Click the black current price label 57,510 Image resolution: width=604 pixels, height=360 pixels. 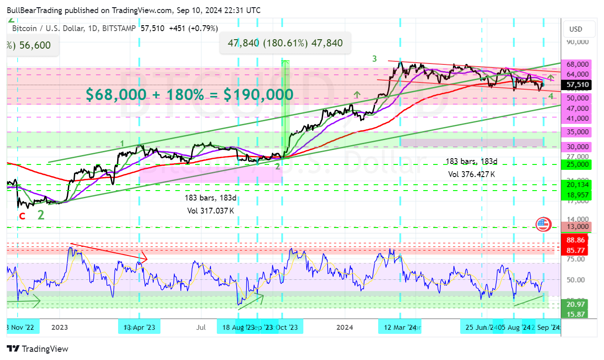pyautogui.click(x=577, y=85)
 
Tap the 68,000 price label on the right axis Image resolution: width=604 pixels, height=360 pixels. pyautogui.click(x=577, y=64)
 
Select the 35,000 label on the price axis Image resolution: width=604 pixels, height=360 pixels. pyautogui.click(x=577, y=132)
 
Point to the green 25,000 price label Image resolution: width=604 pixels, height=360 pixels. pyautogui.click(x=577, y=164)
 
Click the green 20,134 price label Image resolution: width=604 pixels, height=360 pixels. pyautogui.click(x=577, y=184)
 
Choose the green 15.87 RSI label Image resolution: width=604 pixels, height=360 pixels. pyautogui.click(x=575, y=314)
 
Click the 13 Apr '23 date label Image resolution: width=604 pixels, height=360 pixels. pyautogui.click(x=139, y=328)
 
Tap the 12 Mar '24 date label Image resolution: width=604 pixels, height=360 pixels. pyautogui.click(x=400, y=328)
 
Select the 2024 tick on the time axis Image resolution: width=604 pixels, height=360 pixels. pyautogui.click(x=345, y=328)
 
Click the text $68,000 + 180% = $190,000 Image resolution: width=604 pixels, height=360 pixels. pyautogui.click(x=190, y=95)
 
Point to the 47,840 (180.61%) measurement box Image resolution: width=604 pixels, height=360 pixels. pyautogui.click(x=285, y=43)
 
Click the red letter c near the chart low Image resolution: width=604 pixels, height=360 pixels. pyautogui.click(x=22, y=215)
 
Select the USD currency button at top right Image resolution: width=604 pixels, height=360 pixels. pyautogui.click(x=576, y=29)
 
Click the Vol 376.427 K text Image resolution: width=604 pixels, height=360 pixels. pyautogui.click(x=471, y=174)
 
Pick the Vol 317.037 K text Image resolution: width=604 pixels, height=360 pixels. pyautogui.click(x=210, y=210)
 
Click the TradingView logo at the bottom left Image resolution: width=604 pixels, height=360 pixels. pyautogui.click(x=38, y=349)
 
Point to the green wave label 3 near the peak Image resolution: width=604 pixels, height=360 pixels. pyautogui.click(x=374, y=59)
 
